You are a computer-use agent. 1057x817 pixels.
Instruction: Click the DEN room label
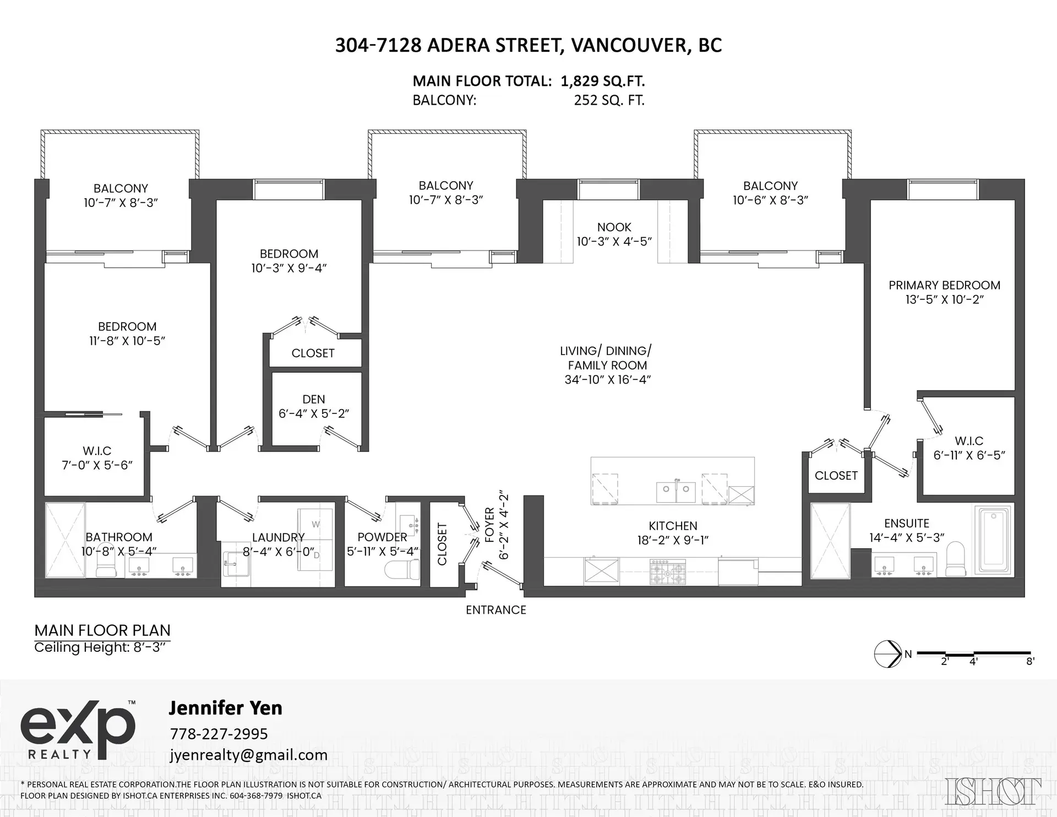313,399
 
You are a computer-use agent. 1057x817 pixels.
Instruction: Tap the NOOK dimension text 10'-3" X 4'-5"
614,242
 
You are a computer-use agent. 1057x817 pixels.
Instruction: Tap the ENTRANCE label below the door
495,610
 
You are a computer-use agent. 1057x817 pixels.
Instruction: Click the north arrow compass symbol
887,654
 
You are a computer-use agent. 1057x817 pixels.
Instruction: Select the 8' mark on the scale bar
1030,662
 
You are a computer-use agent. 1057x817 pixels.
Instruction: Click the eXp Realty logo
78,729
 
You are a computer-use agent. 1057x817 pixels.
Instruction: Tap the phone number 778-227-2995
219,734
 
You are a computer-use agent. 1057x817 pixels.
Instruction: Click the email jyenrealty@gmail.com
249,755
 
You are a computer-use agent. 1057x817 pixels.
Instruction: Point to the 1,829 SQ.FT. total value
603,81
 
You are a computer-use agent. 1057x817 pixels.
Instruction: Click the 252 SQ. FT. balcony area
609,101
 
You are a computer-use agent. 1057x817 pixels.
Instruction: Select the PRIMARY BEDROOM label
944,285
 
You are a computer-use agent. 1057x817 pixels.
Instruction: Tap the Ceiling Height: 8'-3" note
100,647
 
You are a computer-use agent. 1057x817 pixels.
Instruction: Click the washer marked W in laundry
315,524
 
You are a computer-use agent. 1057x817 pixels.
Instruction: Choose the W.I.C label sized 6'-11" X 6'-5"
969,441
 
